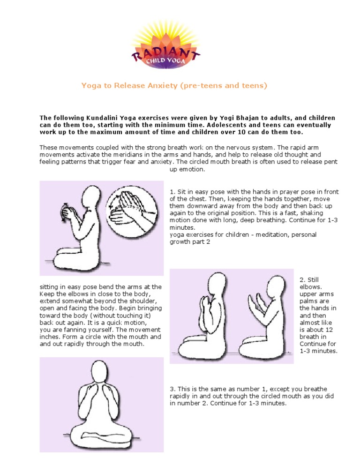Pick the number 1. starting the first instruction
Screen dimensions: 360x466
tap(172, 192)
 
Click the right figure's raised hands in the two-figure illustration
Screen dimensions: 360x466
tap(257, 306)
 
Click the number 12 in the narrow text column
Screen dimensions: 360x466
tap(329, 330)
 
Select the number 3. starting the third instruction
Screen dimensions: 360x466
tap(172, 389)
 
